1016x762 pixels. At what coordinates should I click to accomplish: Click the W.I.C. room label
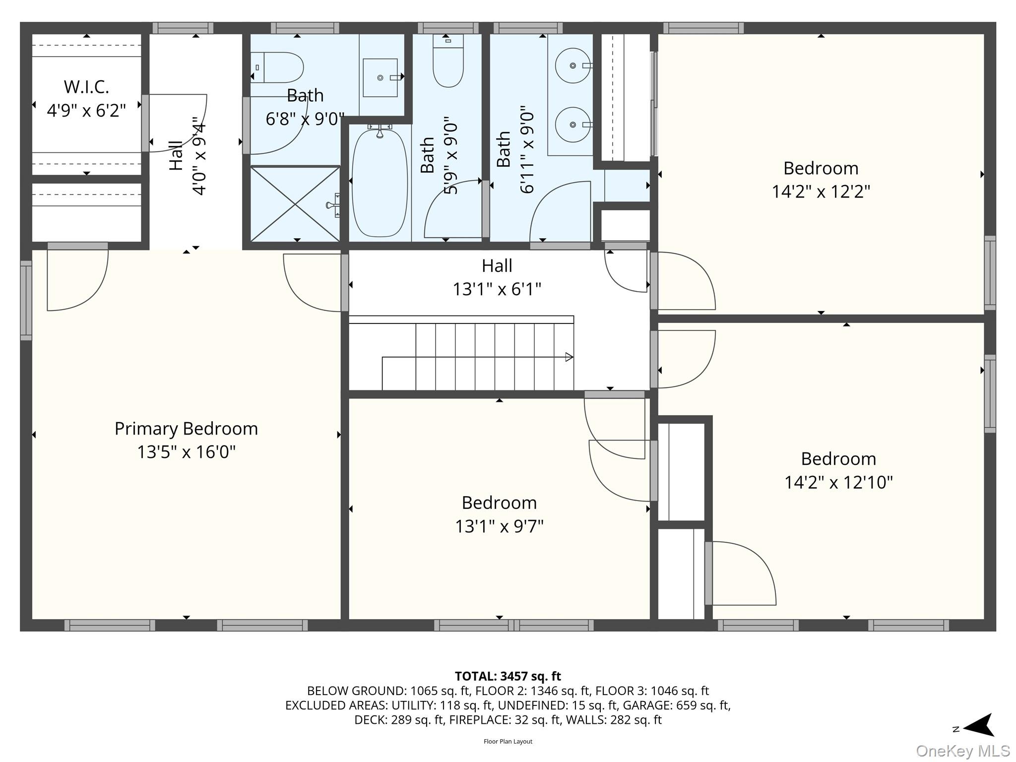point(86,87)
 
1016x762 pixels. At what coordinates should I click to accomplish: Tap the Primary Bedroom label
point(186,429)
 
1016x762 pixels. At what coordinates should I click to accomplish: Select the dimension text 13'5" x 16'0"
point(186,452)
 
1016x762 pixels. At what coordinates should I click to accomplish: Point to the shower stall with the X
point(295,204)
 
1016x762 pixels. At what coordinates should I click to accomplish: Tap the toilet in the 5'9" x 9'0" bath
point(448,60)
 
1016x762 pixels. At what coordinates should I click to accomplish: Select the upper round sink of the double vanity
point(572,65)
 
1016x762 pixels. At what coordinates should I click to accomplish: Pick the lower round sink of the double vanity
point(572,125)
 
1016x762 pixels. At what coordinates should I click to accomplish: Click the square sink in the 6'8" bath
point(380,78)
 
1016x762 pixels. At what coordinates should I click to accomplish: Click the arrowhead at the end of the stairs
point(570,357)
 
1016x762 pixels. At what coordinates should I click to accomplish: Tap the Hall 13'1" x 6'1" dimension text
point(497,289)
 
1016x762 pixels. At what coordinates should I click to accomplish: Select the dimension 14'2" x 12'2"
point(821,191)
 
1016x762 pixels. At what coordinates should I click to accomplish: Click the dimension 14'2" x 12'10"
point(838,482)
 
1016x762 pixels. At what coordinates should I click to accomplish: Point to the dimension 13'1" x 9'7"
point(499,526)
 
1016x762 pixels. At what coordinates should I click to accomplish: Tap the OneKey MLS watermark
point(963,751)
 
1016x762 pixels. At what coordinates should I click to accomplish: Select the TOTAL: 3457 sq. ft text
point(508,676)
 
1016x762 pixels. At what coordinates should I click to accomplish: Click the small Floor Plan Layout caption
point(508,742)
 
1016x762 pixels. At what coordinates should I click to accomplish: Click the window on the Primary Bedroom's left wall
point(26,301)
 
